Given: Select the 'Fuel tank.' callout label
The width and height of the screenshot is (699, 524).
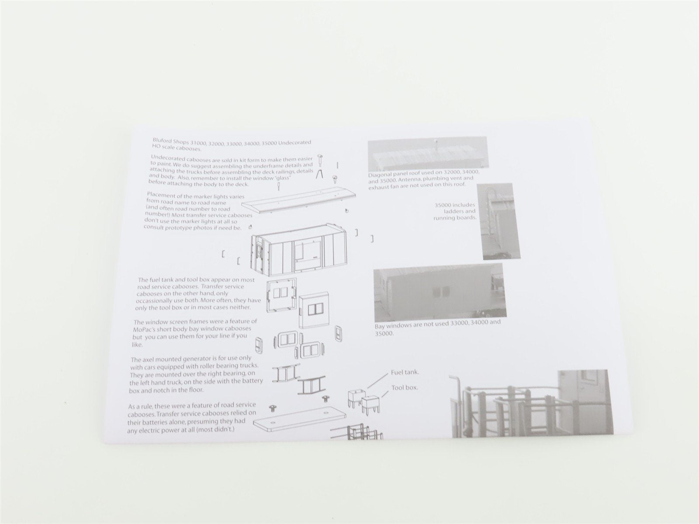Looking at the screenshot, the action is [405, 372].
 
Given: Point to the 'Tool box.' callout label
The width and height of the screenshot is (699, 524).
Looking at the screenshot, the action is [405, 388].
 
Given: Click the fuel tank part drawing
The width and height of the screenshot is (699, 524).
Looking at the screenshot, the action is [356, 397].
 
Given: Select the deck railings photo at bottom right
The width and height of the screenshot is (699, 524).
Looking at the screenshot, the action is [531, 403].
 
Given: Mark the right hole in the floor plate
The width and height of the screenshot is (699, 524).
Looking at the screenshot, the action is [326, 413].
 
